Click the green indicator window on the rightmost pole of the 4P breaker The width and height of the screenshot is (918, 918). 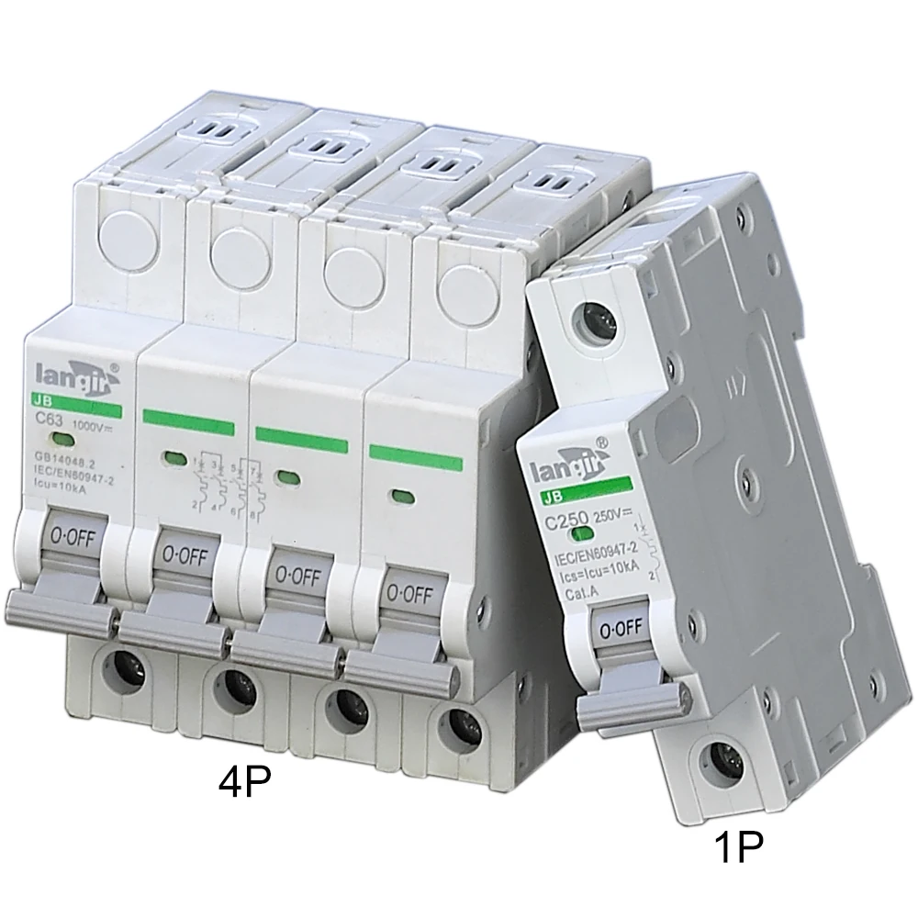(399, 496)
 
